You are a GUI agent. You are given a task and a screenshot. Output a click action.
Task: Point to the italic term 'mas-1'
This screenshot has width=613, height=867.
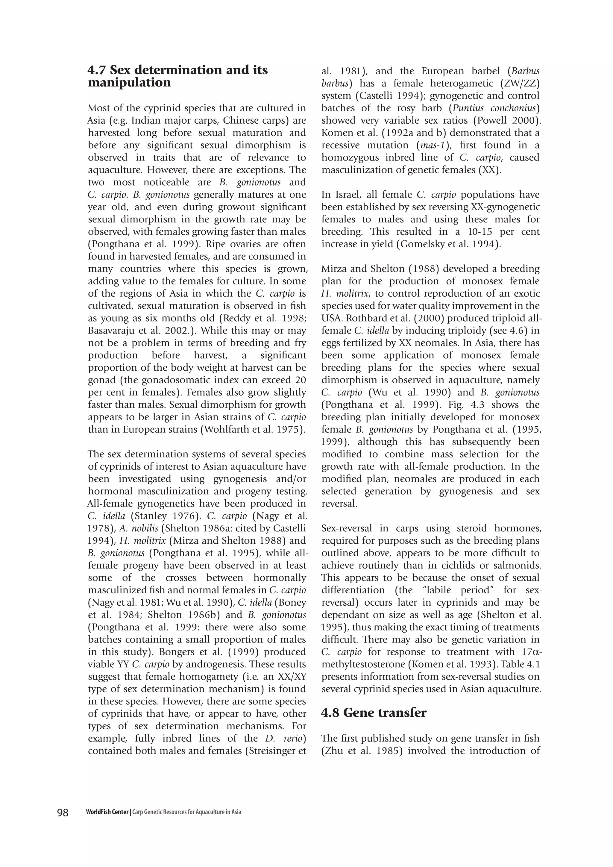click(432, 145)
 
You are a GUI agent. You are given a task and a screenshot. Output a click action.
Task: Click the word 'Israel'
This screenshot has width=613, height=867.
click(347, 195)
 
